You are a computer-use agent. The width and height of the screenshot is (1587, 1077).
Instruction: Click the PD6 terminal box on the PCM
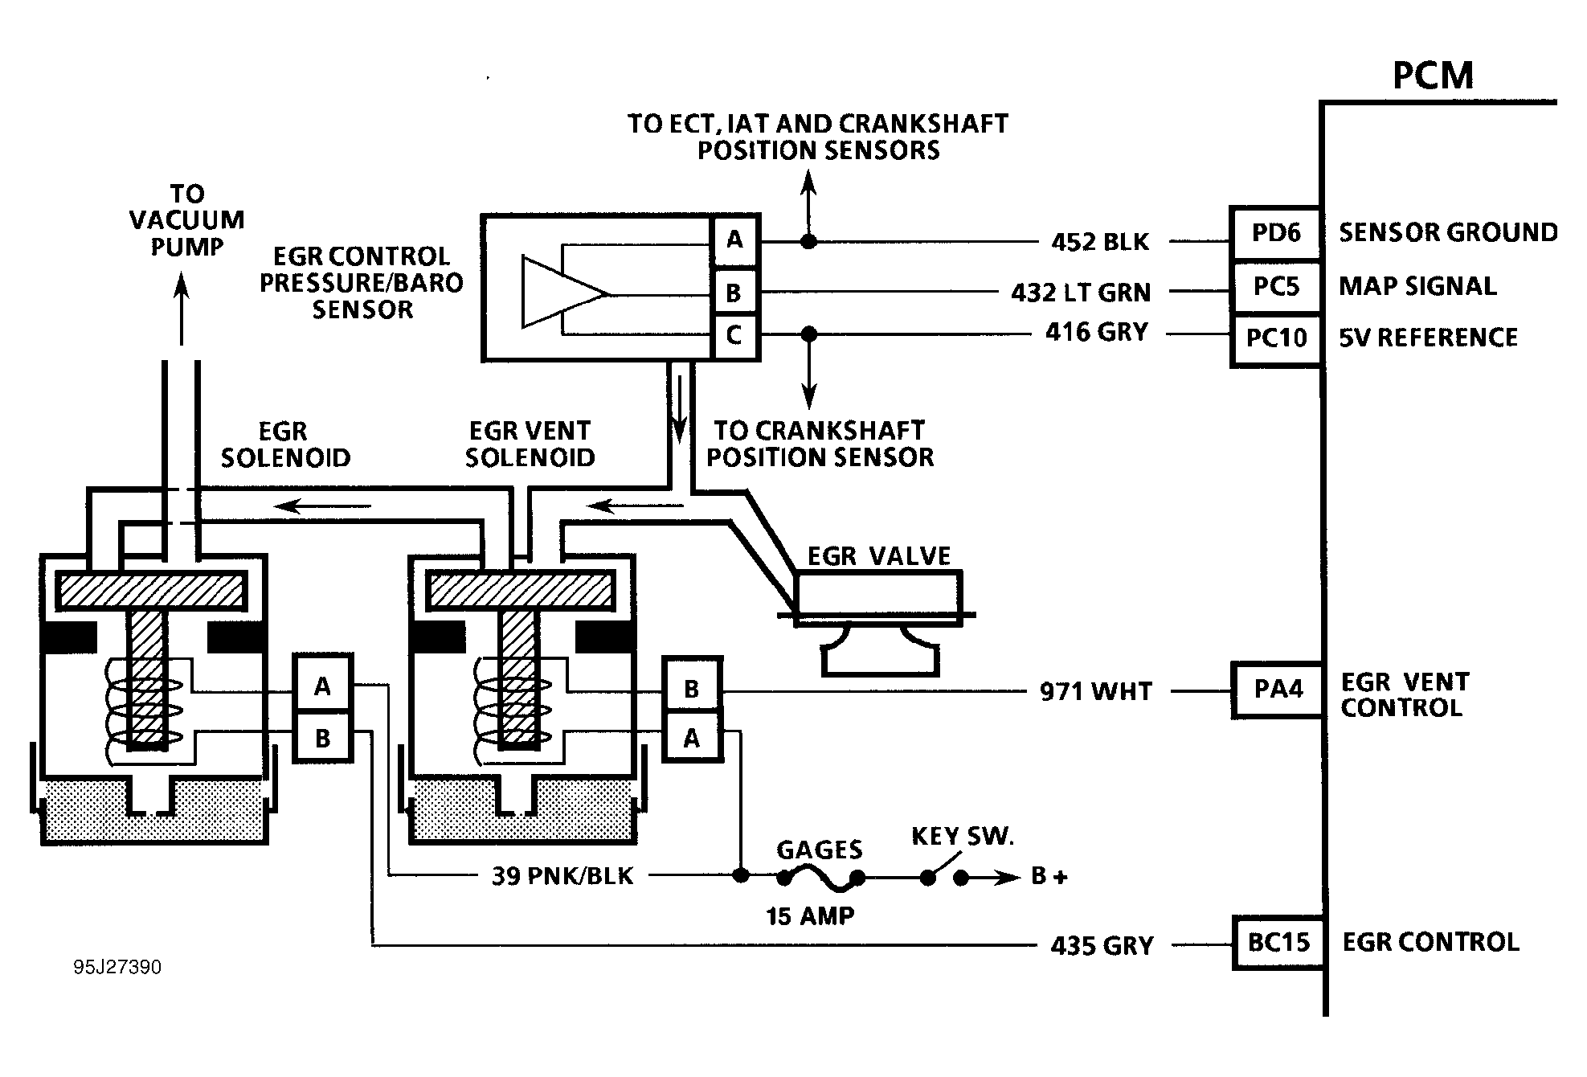[x=1276, y=233]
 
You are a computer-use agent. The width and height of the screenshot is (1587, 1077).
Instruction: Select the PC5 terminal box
[x=1276, y=286]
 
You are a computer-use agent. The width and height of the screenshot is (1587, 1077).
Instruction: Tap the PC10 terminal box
[x=1276, y=338]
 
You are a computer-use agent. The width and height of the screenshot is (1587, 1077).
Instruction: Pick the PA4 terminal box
[x=1278, y=689]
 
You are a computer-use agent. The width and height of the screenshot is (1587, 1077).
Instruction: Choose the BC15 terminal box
[x=1278, y=942]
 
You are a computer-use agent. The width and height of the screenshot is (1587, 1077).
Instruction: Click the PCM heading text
[x=1433, y=76]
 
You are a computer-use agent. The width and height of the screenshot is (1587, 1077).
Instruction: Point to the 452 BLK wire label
[x=1099, y=242]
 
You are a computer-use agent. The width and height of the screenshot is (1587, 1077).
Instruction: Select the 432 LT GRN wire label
[x=1081, y=292]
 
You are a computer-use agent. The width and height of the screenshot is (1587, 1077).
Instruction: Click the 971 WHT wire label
[x=1096, y=691]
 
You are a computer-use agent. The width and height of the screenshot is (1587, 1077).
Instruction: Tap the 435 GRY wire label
[x=1102, y=946]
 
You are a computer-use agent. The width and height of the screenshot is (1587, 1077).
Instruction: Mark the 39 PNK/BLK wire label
[x=562, y=875]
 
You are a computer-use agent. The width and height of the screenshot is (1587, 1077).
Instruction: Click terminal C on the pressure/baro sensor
[x=734, y=335]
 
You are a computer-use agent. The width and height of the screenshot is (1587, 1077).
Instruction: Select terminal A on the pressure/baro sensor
[x=734, y=240]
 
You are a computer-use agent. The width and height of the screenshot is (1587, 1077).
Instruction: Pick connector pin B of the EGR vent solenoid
[x=691, y=689]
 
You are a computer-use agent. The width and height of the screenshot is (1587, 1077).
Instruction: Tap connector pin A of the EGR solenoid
[x=322, y=686]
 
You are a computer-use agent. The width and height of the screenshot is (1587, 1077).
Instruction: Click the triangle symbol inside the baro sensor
[x=562, y=292]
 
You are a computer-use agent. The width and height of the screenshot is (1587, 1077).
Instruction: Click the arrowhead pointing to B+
[x=1008, y=878]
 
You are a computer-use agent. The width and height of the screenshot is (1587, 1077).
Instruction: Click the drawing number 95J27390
[x=117, y=967]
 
